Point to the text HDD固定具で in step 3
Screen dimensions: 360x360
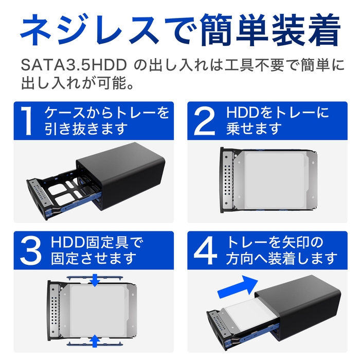(97, 242)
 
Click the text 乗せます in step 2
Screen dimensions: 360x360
(254, 129)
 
